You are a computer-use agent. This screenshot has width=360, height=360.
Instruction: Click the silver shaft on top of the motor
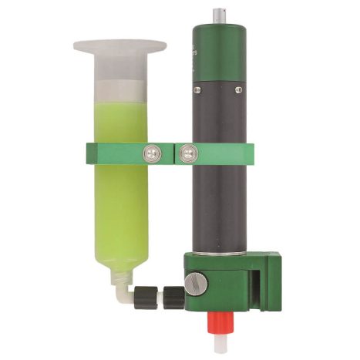[221, 15]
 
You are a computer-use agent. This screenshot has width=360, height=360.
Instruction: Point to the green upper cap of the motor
[220, 50]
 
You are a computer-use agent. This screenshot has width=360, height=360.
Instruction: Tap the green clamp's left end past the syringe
[93, 154]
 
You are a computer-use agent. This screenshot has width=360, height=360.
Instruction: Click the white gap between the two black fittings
[158, 294]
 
